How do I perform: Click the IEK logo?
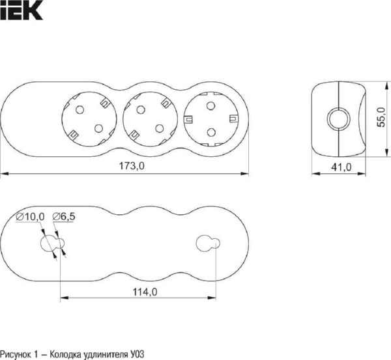point(22,10)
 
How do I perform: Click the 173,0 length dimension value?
point(132,165)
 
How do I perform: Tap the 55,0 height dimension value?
point(381,117)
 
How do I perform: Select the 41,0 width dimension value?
point(341,167)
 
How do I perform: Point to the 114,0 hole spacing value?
point(145,292)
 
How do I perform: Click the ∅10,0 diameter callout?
point(30,217)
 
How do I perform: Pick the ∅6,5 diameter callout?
point(64,217)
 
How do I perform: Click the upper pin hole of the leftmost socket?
point(80,109)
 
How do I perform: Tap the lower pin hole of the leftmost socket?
point(99,128)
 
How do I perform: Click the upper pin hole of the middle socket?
point(141,109)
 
